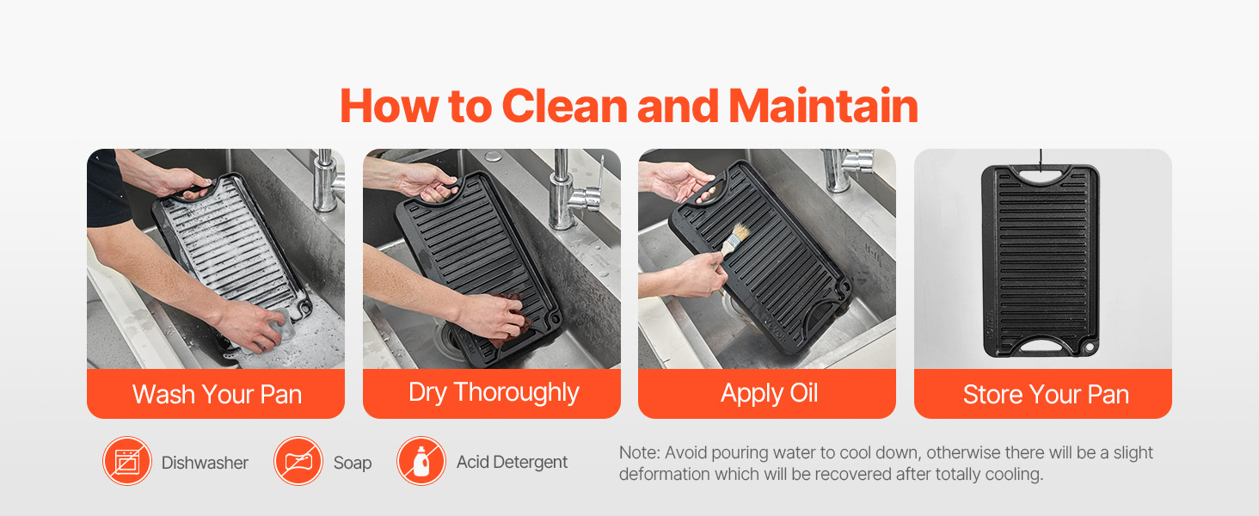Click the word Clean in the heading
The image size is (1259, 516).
pyautogui.click(x=564, y=106)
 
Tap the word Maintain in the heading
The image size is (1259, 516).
pyautogui.click(x=823, y=106)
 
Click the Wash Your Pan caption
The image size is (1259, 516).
pyautogui.click(x=217, y=394)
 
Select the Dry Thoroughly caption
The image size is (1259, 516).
pyautogui.click(x=494, y=393)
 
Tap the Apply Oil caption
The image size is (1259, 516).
pyautogui.click(x=769, y=394)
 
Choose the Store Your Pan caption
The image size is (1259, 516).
pyautogui.click(x=1046, y=394)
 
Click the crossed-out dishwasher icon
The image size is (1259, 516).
pyautogui.click(x=127, y=461)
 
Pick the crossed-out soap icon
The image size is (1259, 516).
pyautogui.click(x=298, y=461)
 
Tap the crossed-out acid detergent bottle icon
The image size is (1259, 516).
pyautogui.click(x=421, y=461)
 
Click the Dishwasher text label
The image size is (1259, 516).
pyautogui.click(x=205, y=463)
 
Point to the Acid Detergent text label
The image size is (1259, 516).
pyautogui.click(x=512, y=462)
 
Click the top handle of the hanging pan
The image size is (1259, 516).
pyautogui.click(x=1041, y=176)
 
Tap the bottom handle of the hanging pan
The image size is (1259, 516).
pyautogui.click(x=1041, y=345)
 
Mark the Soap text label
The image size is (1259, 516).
pyautogui.click(x=353, y=464)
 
